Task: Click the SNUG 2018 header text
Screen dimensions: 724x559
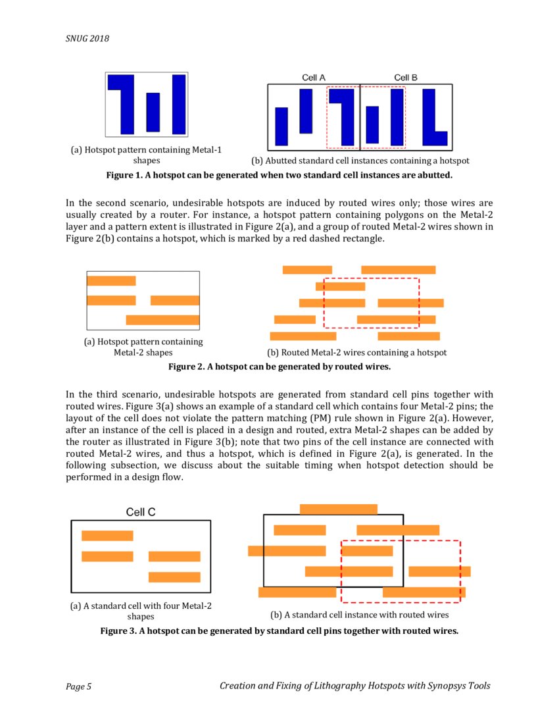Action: tap(87, 38)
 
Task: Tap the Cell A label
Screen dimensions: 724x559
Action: tap(314, 78)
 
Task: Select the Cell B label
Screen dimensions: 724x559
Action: tap(406, 78)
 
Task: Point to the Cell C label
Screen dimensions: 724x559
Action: tap(141, 512)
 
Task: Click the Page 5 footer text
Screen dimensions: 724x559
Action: tap(78, 687)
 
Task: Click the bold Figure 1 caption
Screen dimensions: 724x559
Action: tap(279, 176)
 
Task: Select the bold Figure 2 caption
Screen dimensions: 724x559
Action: tap(279, 366)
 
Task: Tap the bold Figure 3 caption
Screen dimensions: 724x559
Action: tap(279, 631)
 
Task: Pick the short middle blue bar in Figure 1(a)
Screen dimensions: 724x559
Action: tap(153, 112)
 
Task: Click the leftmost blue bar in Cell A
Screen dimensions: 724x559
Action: tap(281, 126)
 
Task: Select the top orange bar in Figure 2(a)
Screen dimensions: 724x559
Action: tap(111, 281)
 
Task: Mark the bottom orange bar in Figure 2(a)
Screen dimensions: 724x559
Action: tap(162, 320)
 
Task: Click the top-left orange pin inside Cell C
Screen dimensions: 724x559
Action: tap(107, 536)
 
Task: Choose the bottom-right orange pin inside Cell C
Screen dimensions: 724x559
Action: tap(174, 577)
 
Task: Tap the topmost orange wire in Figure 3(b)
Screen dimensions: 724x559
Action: tap(338, 509)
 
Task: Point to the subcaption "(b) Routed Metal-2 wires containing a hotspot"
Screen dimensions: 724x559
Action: tap(356, 353)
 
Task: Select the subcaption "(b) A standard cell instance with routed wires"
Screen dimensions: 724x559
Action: tap(359, 615)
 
